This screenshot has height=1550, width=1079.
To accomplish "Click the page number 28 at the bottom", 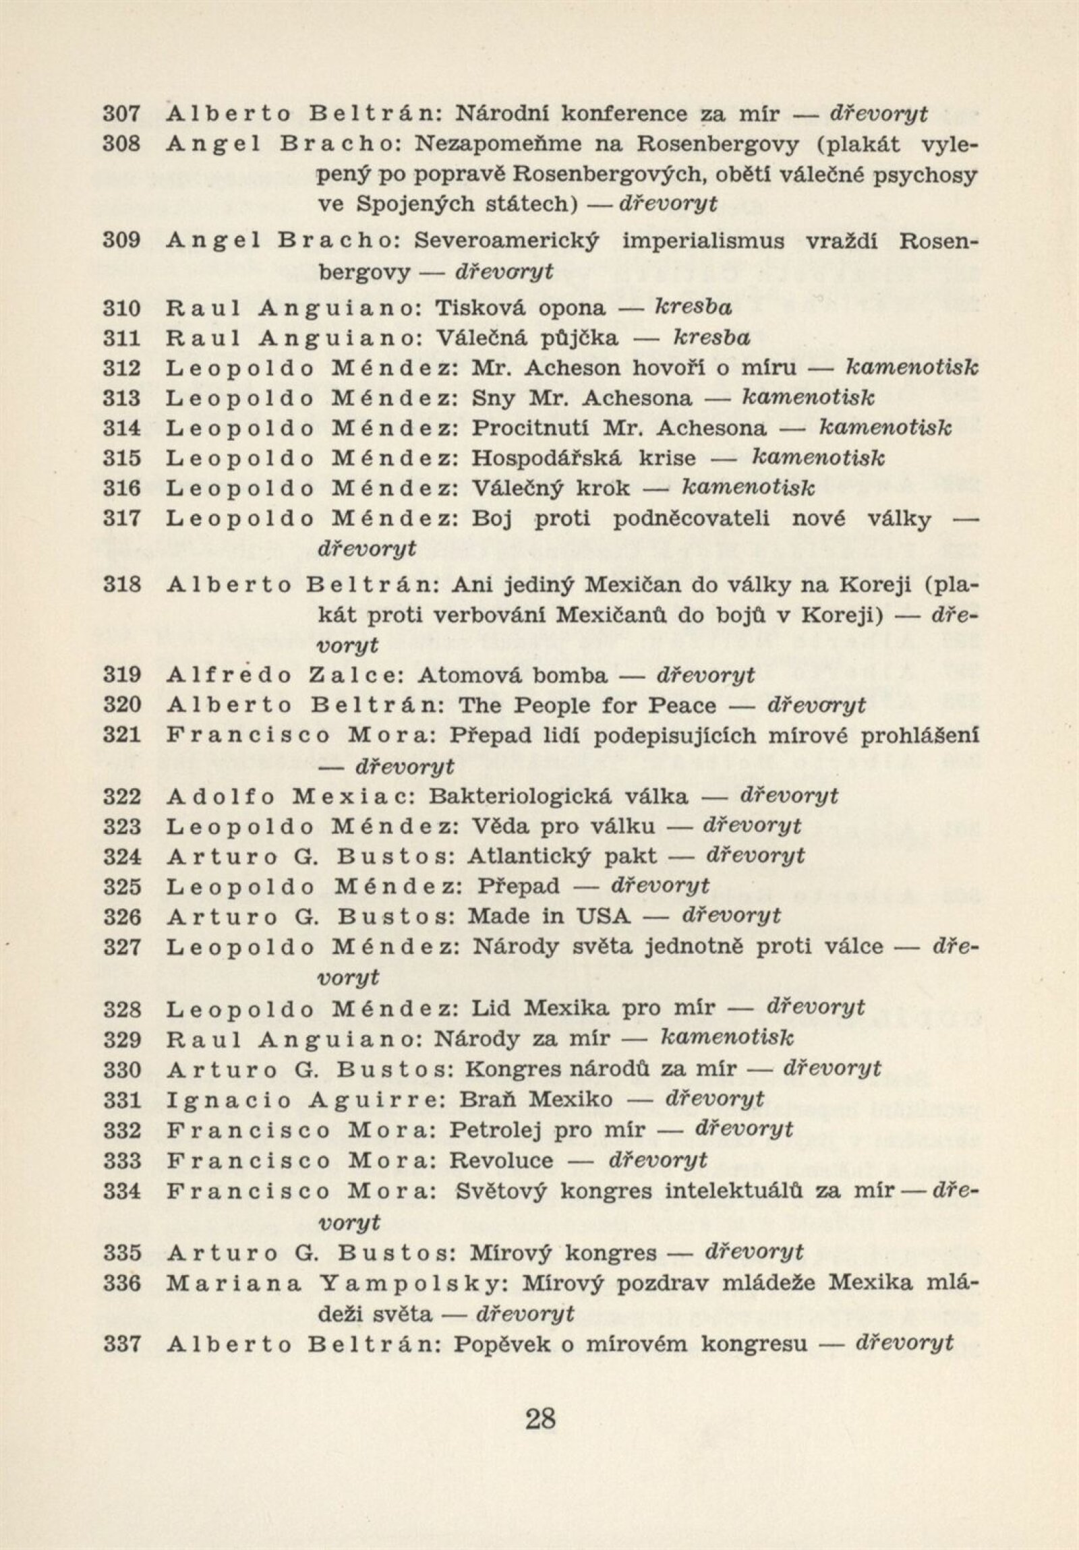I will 539,1419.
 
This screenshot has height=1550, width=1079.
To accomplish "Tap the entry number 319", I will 121,675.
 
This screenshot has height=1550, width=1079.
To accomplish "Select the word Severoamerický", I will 506,241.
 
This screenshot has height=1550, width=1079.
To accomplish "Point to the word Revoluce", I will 502,1161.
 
